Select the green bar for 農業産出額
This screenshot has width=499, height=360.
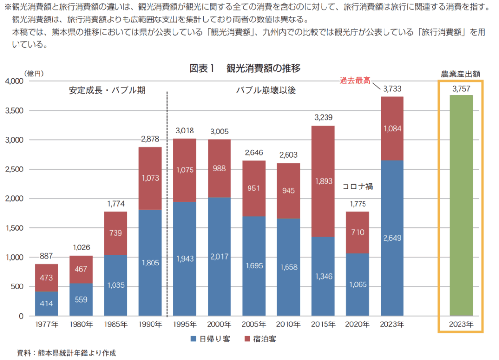pos(461,205)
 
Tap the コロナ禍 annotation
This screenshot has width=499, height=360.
pos(358,186)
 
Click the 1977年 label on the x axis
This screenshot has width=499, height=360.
pos(46,324)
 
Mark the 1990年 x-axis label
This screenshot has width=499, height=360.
pos(150,324)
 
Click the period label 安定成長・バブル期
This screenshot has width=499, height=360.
pos(107,90)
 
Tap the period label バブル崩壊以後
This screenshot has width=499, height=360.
pos(266,90)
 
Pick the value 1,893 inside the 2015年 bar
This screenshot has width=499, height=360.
pos(323,181)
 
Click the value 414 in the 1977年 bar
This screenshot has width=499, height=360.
pos(46,303)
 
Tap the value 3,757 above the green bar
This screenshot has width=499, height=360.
pos(461,89)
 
